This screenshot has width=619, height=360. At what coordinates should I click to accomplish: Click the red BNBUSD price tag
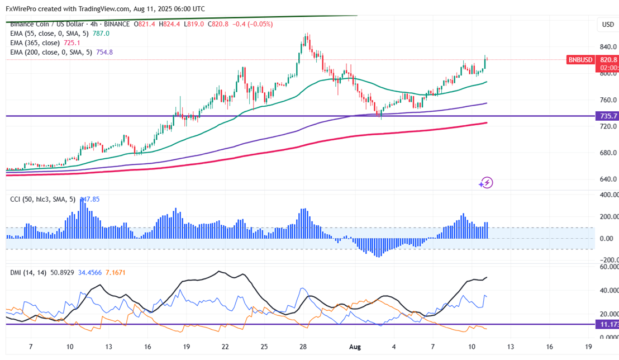[x=579, y=60]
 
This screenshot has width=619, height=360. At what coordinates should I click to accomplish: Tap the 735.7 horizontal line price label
[x=608, y=116]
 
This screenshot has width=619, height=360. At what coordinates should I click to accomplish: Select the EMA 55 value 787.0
[x=101, y=34]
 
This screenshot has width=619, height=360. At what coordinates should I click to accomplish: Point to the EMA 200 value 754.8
[x=104, y=52]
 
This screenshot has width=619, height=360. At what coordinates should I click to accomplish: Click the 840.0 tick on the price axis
[x=608, y=47]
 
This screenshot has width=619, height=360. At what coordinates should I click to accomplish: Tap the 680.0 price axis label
[x=608, y=153]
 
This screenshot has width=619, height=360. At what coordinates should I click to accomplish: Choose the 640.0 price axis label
[x=608, y=179]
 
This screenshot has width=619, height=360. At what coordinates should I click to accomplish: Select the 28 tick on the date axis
[x=303, y=347]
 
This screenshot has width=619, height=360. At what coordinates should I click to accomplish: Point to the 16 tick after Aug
[x=550, y=347]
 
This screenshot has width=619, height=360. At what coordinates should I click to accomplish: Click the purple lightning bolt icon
[x=487, y=182]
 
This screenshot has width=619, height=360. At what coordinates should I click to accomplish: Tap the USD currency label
[x=607, y=25]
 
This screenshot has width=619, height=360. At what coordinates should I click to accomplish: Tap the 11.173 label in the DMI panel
[x=608, y=324]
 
